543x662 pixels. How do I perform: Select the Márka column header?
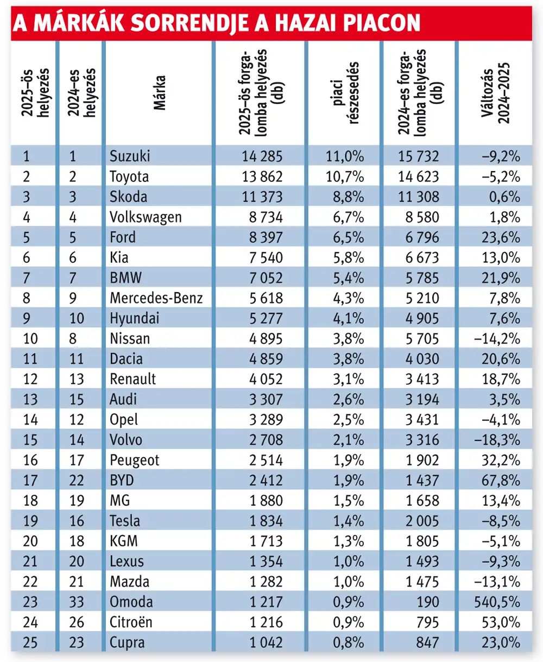point(160,93)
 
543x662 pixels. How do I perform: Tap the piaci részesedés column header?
point(344,93)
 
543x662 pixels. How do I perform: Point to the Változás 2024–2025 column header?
point(496,93)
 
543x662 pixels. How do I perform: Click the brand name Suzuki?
point(130,156)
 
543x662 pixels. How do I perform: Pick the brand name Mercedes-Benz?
point(156,298)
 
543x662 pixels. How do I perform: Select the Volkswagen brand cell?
point(146,217)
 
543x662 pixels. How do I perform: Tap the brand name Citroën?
point(131,622)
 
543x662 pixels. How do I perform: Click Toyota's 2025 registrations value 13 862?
point(262,176)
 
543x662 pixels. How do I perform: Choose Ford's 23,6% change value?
point(501,238)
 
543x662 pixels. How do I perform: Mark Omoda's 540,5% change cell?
point(497,602)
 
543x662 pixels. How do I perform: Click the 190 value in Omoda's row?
point(427,602)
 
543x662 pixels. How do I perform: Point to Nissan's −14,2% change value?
point(497,339)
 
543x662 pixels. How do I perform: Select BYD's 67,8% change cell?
point(501,481)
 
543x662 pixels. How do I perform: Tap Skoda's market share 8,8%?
point(349,197)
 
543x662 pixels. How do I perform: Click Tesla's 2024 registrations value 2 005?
point(422,521)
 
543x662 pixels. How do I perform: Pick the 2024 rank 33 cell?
point(76,602)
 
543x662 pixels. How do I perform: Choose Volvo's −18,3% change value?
point(497,440)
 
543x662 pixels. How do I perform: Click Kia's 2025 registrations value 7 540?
point(266,258)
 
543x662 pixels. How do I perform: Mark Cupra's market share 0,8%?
point(349,642)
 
